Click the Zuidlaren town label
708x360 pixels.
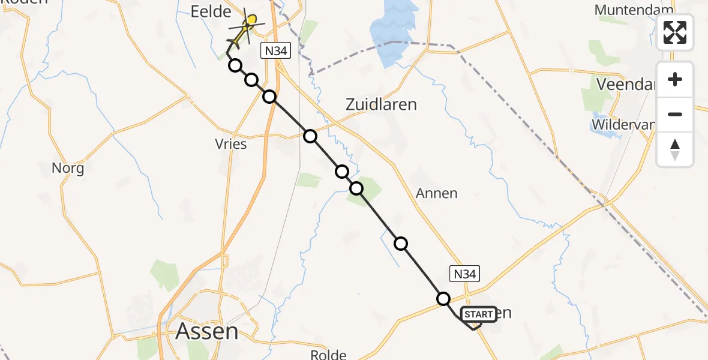(x=381, y=104)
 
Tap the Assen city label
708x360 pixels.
(x=207, y=331)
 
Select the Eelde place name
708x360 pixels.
(x=211, y=12)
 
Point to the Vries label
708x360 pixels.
(x=231, y=145)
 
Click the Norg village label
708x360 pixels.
(x=68, y=168)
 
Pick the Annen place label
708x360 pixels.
(x=437, y=193)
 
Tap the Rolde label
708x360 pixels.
(x=330, y=354)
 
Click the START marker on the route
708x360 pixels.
(x=478, y=314)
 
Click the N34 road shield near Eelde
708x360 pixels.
(x=276, y=51)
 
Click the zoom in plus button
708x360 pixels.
(x=675, y=79)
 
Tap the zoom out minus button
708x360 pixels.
(x=675, y=114)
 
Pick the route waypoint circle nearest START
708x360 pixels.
(x=443, y=298)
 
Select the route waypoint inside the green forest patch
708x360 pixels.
(x=356, y=188)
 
